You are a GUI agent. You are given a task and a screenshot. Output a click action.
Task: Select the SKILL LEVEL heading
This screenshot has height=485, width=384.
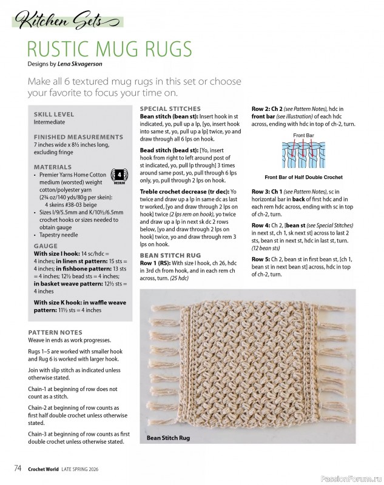(54, 114)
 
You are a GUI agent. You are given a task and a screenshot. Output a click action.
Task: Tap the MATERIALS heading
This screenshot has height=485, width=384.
(53, 166)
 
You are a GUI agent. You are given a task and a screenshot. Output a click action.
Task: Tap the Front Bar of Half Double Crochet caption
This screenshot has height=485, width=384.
(303, 177)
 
